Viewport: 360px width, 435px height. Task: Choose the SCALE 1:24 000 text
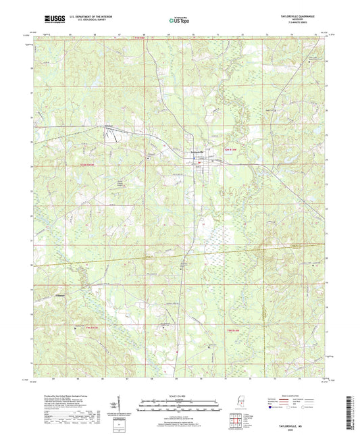180,395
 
